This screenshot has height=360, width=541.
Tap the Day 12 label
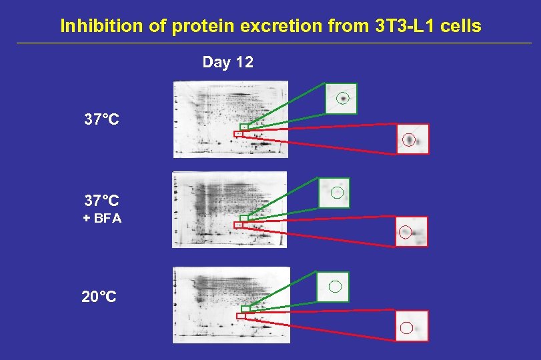[x=227, y=63]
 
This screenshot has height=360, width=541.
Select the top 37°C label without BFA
[x=101, y=120]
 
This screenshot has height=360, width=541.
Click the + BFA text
[x=102, y=218]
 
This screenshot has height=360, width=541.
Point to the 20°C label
[x=99, y=297]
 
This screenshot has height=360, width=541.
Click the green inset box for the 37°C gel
[x=341, y=99]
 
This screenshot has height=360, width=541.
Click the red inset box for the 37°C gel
[x=412, y=139]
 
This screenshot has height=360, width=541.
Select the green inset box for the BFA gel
[x=334, y=193]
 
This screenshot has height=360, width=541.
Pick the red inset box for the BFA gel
[x=412, y=232]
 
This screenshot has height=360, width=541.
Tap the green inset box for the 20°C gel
[x=332, y=287]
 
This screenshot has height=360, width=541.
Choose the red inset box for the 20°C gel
[x=412, y=326]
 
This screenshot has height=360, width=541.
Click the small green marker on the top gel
[x=244, y=126]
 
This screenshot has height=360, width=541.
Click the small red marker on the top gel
[x=238, y=133]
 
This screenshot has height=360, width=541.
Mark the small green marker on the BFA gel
[x=244, y=218]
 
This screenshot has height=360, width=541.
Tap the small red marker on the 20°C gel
[x=241, y=316]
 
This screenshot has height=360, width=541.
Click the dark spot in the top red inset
[x=409, y=140]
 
